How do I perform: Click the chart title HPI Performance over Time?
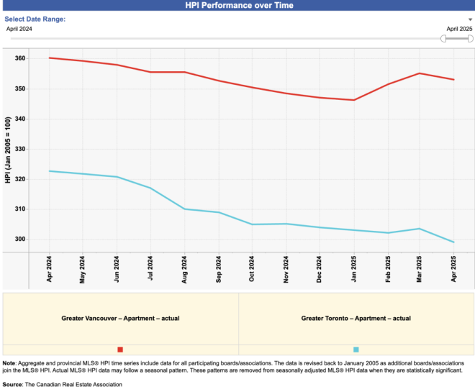[x=237, y=5]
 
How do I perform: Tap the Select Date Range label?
[x=35, y=19]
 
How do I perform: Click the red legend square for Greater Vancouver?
[x=120, y=350]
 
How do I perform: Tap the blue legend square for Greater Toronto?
[x=356, y=350]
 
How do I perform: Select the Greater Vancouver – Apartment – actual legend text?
[x=120, y=317]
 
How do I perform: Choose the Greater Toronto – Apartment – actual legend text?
[x=356, y=317]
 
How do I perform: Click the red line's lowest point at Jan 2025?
[x=354, y=100]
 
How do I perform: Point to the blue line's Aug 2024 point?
[x=185, y=209]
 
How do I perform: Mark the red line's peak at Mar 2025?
[x=420, y=73]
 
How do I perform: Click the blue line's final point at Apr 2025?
[x=453, y=242]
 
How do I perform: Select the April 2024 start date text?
[x=19, y=29]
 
